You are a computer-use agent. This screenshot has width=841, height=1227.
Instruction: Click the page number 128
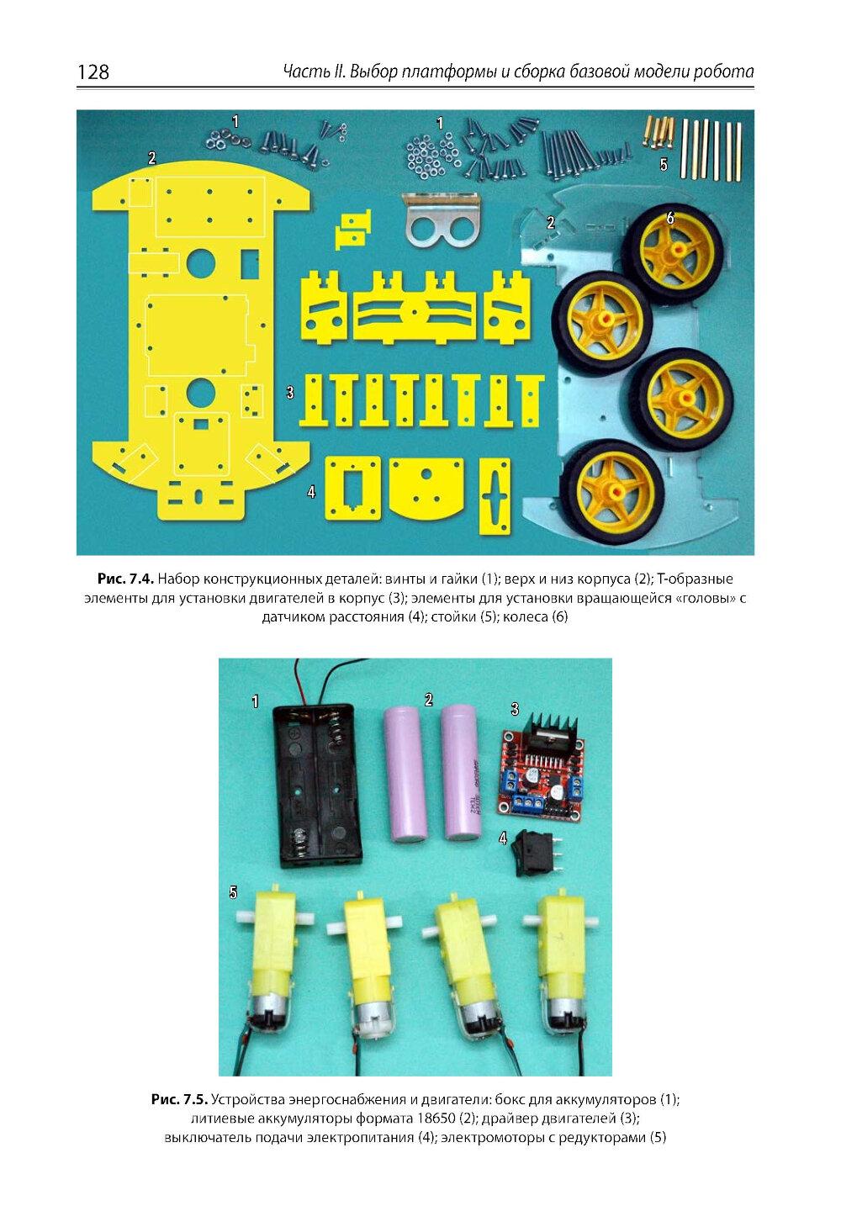coord(93,71)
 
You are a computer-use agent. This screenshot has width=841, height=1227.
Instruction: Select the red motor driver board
coord(541,765)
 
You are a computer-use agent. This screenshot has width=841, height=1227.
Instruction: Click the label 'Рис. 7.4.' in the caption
coord(125,579)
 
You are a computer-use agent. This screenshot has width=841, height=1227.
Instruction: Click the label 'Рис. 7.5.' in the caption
coord(179,1099)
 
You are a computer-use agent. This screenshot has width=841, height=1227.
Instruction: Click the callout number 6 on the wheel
coord(670,218)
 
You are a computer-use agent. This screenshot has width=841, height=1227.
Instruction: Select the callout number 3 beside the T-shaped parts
coord(290,392)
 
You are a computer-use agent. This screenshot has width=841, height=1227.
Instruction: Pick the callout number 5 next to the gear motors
coord(234,893)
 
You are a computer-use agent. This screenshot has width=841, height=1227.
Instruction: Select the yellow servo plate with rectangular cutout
coord(352,488)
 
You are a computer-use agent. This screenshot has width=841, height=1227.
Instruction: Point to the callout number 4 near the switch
coord(503,838)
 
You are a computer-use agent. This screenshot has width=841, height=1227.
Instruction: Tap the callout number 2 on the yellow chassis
coord(151,159)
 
